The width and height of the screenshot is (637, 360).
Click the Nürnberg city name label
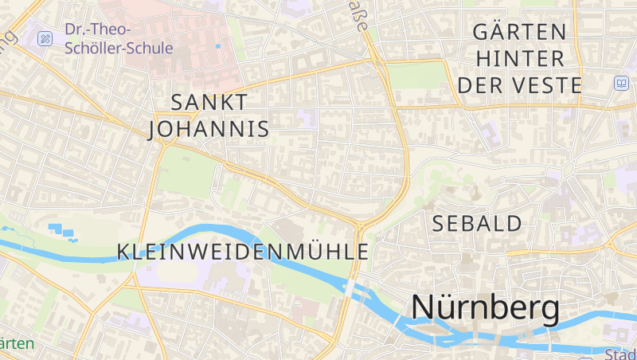coord(485,308)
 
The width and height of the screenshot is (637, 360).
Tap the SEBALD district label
coord(477,224)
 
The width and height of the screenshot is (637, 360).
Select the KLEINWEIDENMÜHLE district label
coord(243,252)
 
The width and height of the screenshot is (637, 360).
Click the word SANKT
coord(209,102)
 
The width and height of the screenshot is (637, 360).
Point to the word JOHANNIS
coord(209,128)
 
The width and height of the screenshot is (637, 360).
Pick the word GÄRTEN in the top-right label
coord(519,33)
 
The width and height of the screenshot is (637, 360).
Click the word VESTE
coord(548,84)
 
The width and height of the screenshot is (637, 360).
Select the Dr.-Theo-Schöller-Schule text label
coord(119,39)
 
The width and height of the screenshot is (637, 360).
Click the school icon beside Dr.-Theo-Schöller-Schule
coord(45,38)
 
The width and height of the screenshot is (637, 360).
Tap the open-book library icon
coord(620,83)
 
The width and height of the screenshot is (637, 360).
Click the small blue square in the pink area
coord(218,46)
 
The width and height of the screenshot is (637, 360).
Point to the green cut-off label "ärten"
coord(17,343)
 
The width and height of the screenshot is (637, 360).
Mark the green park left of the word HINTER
coord(417,76)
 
